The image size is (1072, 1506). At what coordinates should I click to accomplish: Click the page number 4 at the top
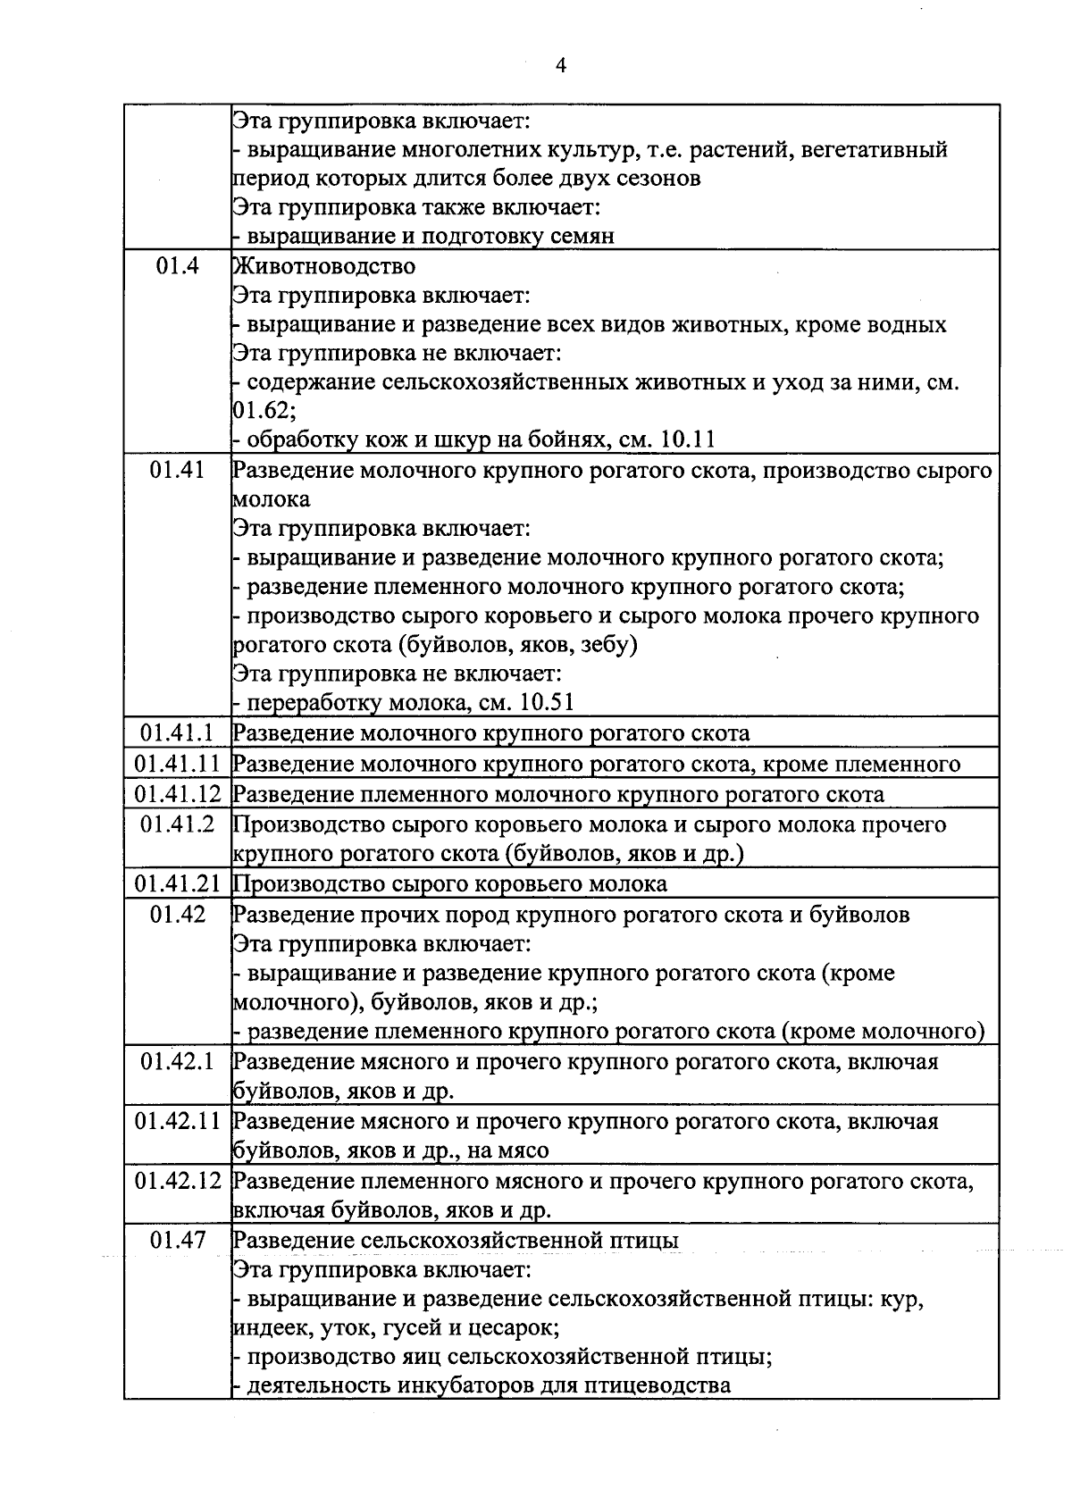(x=561, y=65)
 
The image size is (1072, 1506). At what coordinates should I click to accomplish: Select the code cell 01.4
(x=177, y=266)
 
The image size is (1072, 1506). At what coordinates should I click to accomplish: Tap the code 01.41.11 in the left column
(x=177, y=764)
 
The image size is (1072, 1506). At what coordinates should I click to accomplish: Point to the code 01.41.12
(x=177, y=794)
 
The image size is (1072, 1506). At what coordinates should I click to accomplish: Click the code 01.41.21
(x=177, y=883)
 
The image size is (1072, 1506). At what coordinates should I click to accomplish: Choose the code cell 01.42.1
(x=177, y=1062)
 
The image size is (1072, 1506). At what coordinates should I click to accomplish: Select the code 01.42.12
(x=177, y=1181)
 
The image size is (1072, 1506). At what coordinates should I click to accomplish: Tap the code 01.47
(x=177, y=1240)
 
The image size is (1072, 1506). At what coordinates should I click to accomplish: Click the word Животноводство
(x=324, y=266)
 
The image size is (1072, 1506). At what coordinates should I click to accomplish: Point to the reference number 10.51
(x=546, y=703)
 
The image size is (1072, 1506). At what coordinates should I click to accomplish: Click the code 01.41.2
(x=177, y=824)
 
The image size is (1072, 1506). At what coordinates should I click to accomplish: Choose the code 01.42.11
(x=177, y=1121)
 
